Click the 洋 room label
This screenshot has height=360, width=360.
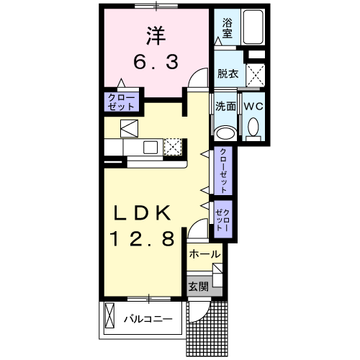pyautogui.click(x=156, y=36)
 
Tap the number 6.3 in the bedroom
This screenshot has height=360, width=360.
pyautogui.click(x=156, y=62)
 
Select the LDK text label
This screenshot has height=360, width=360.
pyautogui.click(x=143, y=213)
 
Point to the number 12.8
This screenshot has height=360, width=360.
pyautogui.click(x=142, y=239)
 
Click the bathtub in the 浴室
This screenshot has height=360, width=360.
pyautogui.click(x=253, y=27)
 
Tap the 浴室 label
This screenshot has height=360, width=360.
pyautogui.click(x=227, y=28)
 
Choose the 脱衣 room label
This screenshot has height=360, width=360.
pyautogui.click(x=228, y=73)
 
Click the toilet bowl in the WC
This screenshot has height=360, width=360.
pyautogui.click(x=253, y=127)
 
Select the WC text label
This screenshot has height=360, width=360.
pyautogui.click(x=253, y=107)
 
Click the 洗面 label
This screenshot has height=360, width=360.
pyautogui.click(x=225, y=107)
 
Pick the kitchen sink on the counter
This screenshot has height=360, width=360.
pyautogui.click(x=150, y=147)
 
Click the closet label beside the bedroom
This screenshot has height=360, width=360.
pyautogui.click(x=122, y=102)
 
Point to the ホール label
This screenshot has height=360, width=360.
pyautogui.click(x=204, y=254)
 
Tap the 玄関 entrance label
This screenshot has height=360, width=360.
pyautogui.click(x=198, y=287)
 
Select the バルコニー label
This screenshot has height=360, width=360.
pyautogui.click(x=148, y=319)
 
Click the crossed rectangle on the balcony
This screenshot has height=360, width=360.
pyautogui.click(x=110, y=315)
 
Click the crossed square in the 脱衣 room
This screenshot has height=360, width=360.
pyautogui.click(x=256, y=76)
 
